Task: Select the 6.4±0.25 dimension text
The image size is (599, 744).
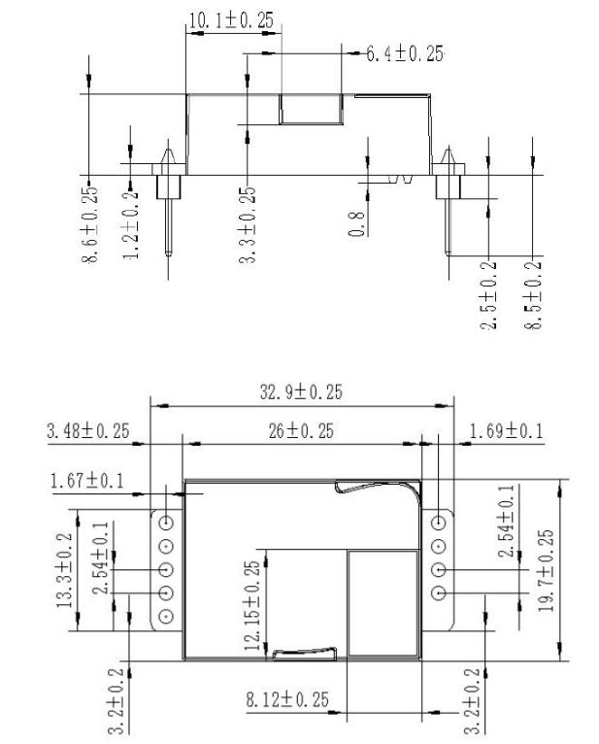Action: coord(404,53)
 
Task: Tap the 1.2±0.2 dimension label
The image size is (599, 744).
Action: coord(132,222)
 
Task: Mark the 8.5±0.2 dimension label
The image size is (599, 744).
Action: coord(532,293)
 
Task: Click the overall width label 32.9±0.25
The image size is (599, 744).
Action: coord(303,392)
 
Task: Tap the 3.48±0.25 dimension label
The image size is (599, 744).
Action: coord(88,430)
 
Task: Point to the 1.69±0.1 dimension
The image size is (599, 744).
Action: coord(508,430)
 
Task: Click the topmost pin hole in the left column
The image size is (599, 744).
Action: coord(166,522)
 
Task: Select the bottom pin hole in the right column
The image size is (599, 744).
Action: coord(440,592)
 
